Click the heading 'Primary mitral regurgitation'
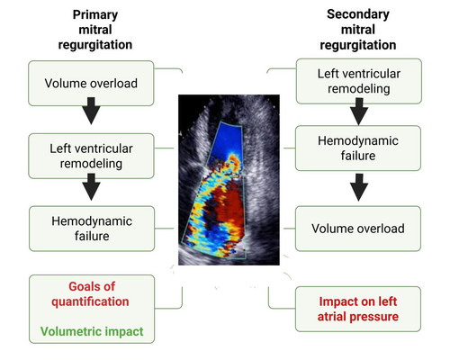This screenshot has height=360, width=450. tap(95, 30)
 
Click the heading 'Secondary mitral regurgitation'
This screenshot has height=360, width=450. tap(358, 30)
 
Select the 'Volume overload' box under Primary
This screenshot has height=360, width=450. tap(91, 84)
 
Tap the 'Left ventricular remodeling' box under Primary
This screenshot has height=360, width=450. tap(91, 156)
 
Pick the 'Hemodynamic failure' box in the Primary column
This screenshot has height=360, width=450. tap(92, 229)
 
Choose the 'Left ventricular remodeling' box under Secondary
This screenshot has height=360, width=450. tap(359, 81)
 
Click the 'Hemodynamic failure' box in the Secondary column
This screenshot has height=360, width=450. tap(358, 148)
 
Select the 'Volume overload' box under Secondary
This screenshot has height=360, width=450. tap(358, 229)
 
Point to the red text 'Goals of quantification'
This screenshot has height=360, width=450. tap(91, 294)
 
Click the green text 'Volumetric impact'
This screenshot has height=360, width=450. tap(92, 331)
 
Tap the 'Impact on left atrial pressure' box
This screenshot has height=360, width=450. tap(358, 309)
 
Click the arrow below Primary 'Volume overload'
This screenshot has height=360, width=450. tap(91, 111)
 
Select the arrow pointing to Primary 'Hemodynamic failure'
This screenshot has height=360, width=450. tap(91, 187)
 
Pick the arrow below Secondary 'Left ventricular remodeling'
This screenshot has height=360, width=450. tap(359, 112)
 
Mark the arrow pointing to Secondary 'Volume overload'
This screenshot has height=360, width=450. tap(359, 187)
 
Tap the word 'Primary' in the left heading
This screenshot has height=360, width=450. tap(95, 14)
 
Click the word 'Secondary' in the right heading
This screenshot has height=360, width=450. tap(358, 14)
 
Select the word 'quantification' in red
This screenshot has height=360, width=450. tap(90, 301)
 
